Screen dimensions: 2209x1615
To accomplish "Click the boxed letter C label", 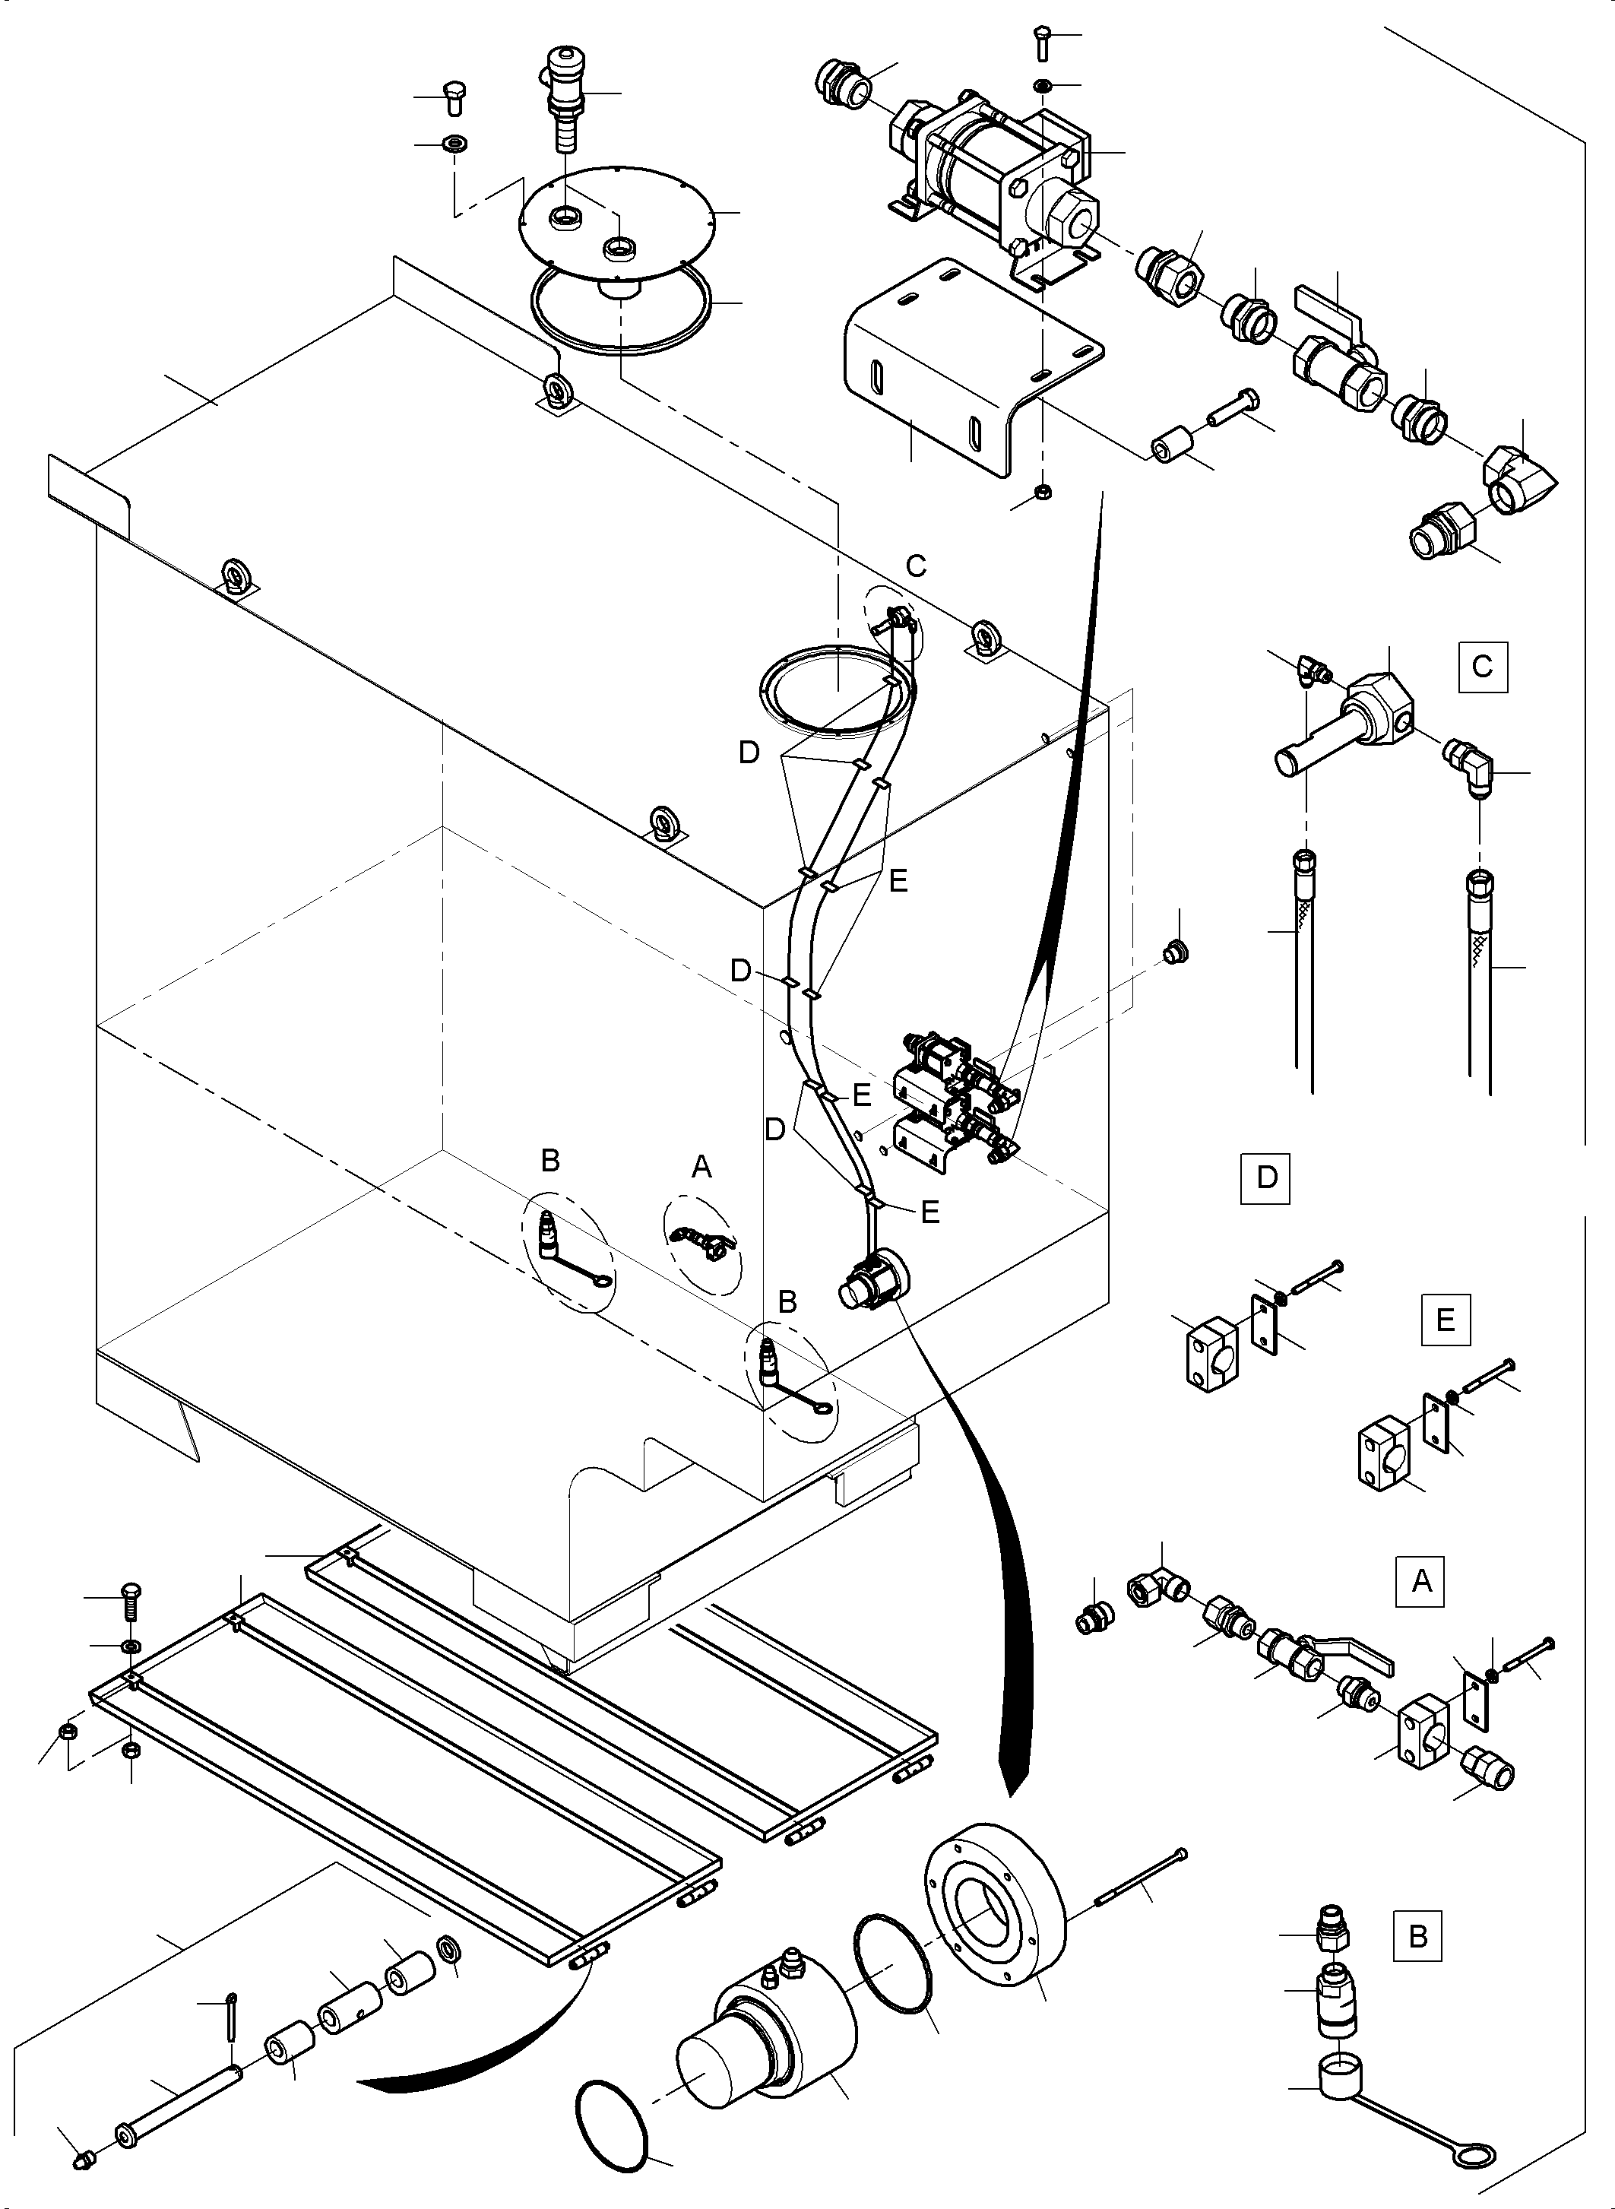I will pyautogui.click(x=1482, y=667).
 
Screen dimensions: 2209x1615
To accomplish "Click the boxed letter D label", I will pyautogui.click(x=1266, y=1177).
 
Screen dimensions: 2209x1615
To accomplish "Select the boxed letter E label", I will pyautogui.click(x=1445, y=1320).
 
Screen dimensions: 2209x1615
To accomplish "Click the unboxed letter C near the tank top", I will pyautogui.click(x=916, y=566).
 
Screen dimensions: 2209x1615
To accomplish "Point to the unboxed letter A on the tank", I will pyautogui.click(x=701, y=1167).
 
